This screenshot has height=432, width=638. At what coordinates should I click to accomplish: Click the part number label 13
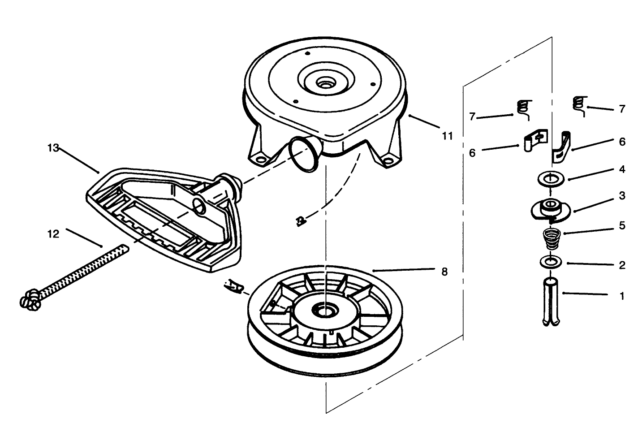(x=53, y=148)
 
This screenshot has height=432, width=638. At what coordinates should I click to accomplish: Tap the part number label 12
(x=53, y=234)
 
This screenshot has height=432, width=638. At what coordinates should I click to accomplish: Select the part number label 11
(x=447, y=136)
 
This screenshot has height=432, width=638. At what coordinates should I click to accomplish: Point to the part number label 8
(x=444, y=272)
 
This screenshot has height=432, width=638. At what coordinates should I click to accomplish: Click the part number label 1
(x=621, y=296)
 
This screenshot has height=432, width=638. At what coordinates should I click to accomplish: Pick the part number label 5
(x=622, y=225)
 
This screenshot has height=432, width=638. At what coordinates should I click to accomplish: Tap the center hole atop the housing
(x=323, y=83)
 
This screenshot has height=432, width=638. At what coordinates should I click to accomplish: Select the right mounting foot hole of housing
(x=389, y=160)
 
